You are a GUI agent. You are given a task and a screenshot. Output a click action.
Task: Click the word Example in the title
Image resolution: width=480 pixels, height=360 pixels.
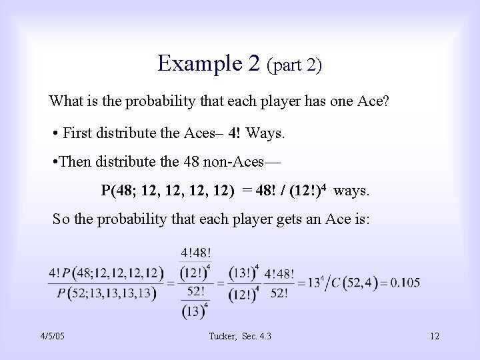pos(192,63)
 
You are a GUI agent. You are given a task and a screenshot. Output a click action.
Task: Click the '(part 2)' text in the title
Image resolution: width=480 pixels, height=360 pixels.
pos(294,65)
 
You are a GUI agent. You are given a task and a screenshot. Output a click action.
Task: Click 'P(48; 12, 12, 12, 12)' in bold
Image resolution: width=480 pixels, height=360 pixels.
pos(167,191)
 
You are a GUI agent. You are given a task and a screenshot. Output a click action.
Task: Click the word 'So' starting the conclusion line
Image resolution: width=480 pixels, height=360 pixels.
pos(61,221)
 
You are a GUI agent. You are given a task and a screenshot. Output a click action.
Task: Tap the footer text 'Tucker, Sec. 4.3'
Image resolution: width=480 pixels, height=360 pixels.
pos(239,335)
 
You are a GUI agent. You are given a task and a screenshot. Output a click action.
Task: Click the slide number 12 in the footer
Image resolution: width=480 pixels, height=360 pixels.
pos(434,335)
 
